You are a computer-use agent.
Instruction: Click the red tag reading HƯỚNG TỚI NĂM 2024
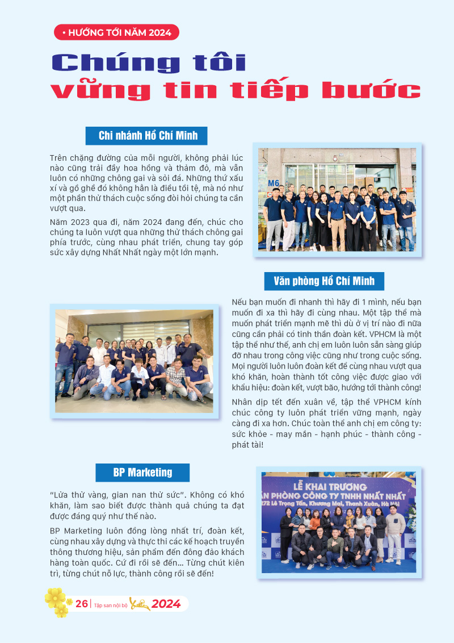[x=116, y=32]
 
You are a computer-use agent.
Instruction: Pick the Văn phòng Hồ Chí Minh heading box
[x=323, y=281]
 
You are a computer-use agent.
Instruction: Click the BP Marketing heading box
[x=142, y=472]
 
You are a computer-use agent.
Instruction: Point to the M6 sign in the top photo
[x=274, y=183]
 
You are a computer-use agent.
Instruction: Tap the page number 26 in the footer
[x=81, y=604]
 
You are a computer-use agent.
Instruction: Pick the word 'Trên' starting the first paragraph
[x=59, y=157]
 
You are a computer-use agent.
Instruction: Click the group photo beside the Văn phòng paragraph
[x=134, y=361]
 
